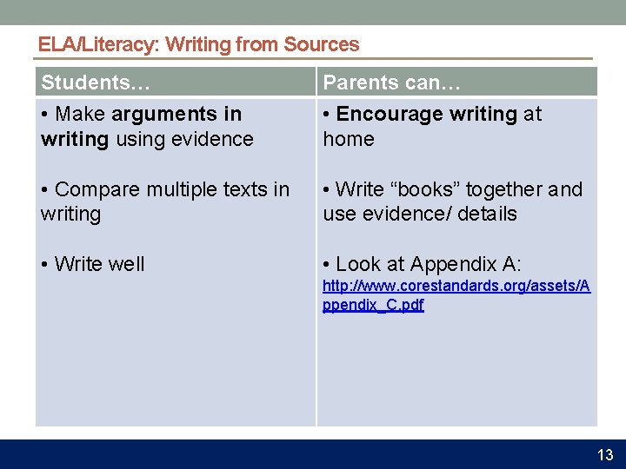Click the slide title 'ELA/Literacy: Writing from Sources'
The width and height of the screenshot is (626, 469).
click(x=198, y=44)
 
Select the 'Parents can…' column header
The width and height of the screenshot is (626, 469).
click(x=391, y=83)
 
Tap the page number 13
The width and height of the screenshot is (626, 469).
click(x=605, y=455)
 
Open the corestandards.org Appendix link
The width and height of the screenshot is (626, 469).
click(x=456, y=295)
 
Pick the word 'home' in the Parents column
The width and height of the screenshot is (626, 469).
click(x=348, y=139)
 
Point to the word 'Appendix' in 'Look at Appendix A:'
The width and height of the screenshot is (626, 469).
click(x=450, y=264)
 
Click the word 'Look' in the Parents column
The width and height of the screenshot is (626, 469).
click(x=356, y=264)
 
